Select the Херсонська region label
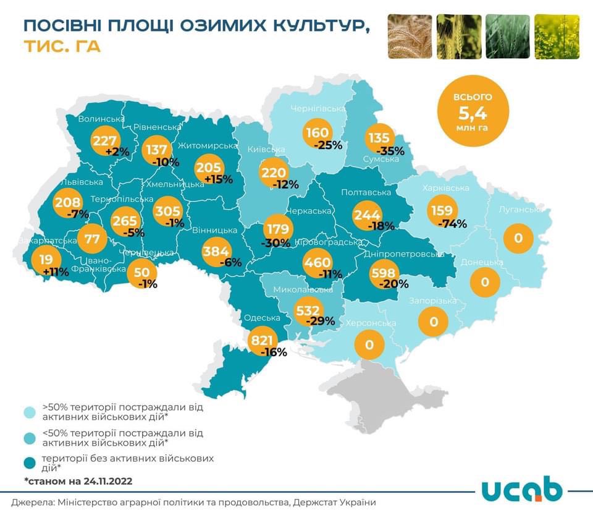tap(374, 323)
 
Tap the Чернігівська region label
tap(318, 109)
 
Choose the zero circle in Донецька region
tap(485, 282)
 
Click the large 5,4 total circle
tap(473, 111)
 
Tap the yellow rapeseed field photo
tap(557, 36)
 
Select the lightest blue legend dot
tap(30, 412)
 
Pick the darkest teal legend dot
tap(30, 463)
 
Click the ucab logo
tap(522, 490)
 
